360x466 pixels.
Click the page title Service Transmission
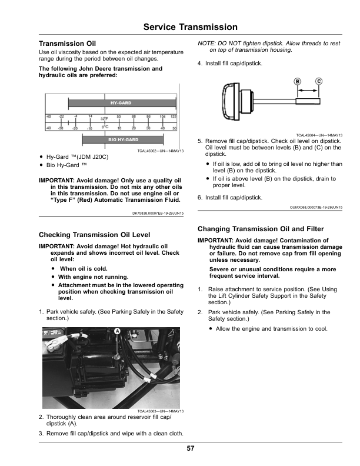(190, 27)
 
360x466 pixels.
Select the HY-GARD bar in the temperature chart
(121, 102)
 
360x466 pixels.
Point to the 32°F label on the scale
(104, 119)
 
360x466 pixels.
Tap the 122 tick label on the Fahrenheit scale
(174, 116)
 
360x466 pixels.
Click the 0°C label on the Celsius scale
(104, 127)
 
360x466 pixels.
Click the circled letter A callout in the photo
(118, 332)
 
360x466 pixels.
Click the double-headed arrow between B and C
(308, 91)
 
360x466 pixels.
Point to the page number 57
(191, 448)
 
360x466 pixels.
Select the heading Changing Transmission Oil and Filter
(263, 229)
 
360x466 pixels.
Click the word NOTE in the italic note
(206, 44)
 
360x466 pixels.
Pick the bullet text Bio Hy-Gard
(66, 165)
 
